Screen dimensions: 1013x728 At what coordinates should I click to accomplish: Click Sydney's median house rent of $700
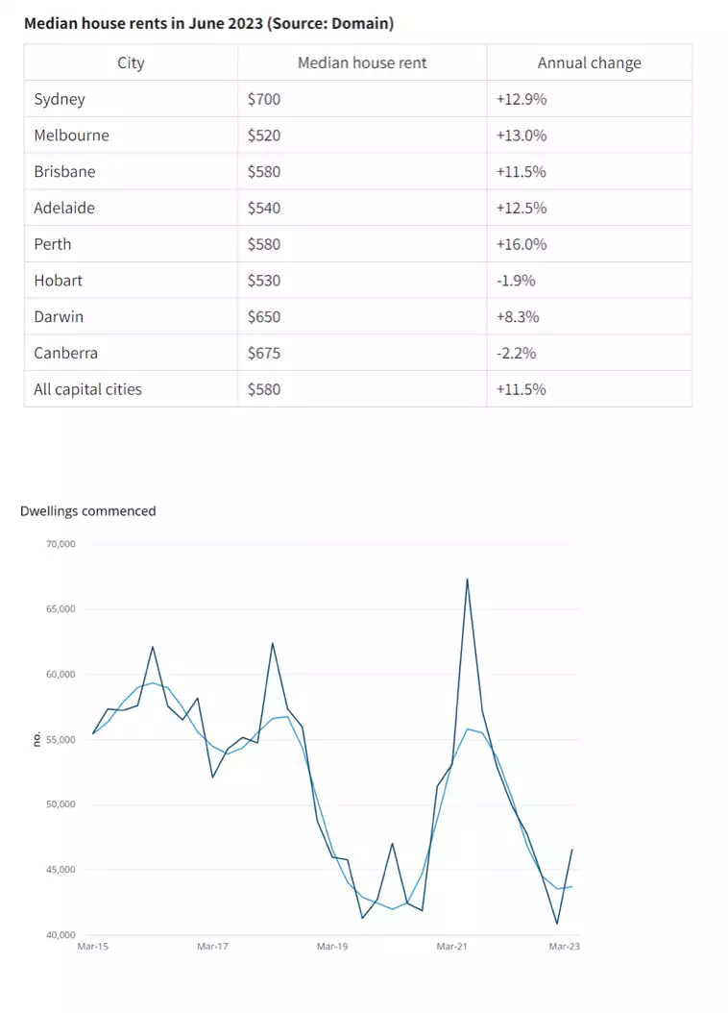[x=264, y=99]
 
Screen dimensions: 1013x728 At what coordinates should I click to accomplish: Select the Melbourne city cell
[x=71, y=136]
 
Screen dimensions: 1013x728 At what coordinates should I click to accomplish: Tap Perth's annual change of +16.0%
[x=522, y=244]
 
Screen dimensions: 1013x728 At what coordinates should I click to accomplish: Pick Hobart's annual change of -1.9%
[x=516, y=281]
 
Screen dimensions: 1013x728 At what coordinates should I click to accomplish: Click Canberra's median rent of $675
[x=264, y=353]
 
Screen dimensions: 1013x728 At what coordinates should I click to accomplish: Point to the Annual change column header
[x=589, y=63]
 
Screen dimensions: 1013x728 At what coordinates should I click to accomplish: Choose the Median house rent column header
[x=362, y=63]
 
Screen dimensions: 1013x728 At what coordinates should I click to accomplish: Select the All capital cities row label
[x=87, y=389]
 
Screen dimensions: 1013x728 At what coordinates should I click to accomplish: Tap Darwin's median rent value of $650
[x=264, y=317]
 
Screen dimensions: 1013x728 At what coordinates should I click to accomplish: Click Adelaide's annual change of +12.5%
[x=522, y=208]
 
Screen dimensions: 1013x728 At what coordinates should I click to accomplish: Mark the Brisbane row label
[x=64, y=172]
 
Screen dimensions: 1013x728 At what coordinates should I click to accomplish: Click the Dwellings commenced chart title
[x=87, y=511]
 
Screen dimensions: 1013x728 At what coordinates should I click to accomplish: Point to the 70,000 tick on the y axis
[x=61, y=544]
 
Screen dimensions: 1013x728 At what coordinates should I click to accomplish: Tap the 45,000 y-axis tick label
[x=61, y=870]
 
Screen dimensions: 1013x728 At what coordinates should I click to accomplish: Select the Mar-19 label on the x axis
[x=332, y=947]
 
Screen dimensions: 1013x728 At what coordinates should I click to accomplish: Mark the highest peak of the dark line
[x=467, y=579]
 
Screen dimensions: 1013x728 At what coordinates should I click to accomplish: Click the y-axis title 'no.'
[x=36, y=739]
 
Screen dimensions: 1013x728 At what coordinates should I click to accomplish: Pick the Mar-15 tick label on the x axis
[x=92, y=947]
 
